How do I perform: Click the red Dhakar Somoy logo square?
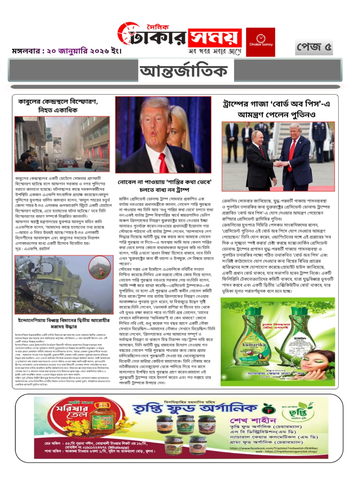point(261,42)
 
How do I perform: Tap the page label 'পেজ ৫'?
point(314,47)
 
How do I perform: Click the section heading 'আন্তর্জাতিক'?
point(183,71)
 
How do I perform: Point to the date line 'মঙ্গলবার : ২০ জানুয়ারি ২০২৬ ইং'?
point(67,51)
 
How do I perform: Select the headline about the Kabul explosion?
point(58,106)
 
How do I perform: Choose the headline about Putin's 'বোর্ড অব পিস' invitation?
point(277,109)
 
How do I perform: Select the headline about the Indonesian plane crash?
point(63,323)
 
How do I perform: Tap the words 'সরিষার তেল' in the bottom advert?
point(71,412)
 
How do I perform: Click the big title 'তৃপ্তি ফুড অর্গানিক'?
point(195,408)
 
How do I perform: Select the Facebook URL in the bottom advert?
point(274,448)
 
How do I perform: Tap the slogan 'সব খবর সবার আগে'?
point(214,51)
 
